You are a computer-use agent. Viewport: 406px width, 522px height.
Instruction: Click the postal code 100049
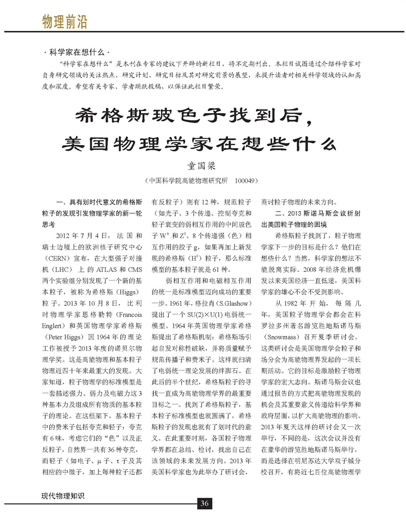coord(246,180)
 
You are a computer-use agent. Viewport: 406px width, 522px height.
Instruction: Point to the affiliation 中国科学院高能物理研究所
coord(188,180)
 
